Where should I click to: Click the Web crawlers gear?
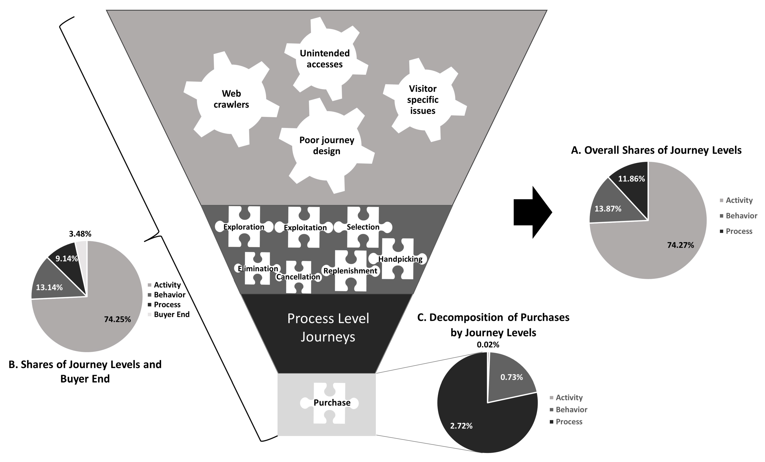point(231,99)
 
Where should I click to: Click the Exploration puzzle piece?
point(244,227)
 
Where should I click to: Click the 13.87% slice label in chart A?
point(608,209)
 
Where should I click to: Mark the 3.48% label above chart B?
point(80,234)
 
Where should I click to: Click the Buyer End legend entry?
point(169,314)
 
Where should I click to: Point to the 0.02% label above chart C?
point(488,344)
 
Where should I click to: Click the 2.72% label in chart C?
point(461,426)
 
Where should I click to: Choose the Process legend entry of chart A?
point(736,231)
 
